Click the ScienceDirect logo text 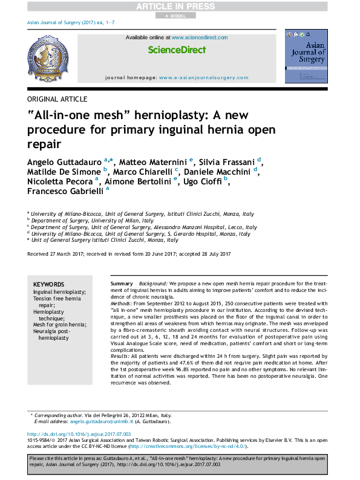pyautogui.click(x=177, y=50)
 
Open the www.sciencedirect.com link pyautogui.click(x=200, y=37)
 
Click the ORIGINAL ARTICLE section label pyautogui.click(x=57, y=99)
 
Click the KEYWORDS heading pyautogui.click(x=48, y=284)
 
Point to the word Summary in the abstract pyautogui.click(x=122, y=284)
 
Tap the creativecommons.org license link pyautogui.click(x=186, y=446)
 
